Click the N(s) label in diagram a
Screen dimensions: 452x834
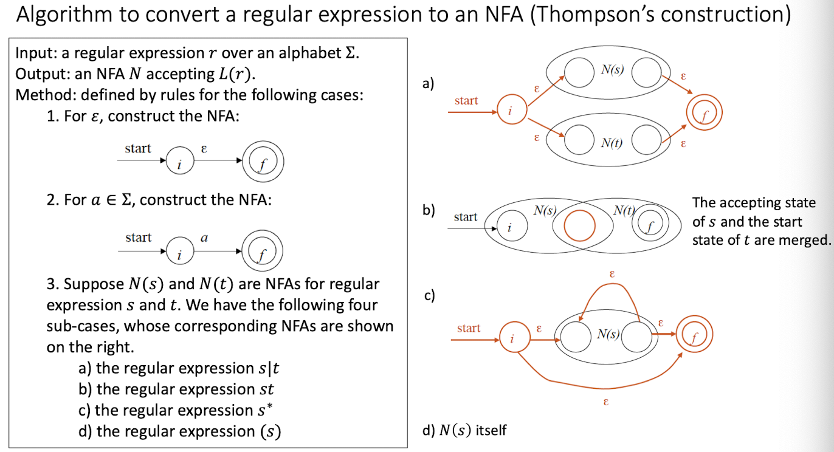tap(613, 70)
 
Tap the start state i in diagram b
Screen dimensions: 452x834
tap(509, 227)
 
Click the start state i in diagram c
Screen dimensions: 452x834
tap(512, 335)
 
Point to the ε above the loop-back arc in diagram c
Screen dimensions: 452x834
tap(612, 275)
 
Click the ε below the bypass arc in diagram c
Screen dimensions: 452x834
tap(607, 402)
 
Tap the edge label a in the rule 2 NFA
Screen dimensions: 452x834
tap(204, 238)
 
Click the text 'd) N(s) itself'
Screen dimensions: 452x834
tap(464, 431)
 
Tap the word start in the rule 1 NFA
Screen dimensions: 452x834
tap(138, 148)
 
